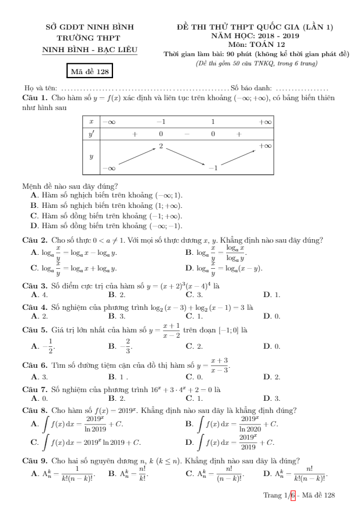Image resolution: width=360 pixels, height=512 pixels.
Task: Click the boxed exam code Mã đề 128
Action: click(89, 71)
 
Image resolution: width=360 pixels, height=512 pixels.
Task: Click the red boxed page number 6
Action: click(293, 496)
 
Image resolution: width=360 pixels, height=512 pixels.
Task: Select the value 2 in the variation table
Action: click(161, 146)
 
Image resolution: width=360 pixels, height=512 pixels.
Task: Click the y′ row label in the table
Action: click(92, 134)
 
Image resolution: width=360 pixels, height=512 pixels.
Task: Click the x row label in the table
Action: click(92, 122)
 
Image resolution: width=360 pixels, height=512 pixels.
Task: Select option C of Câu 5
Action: click(189, 346)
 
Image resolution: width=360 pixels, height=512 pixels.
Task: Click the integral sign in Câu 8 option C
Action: click(44, 441)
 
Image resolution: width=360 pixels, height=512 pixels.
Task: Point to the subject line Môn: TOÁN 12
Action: click(257, 44)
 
